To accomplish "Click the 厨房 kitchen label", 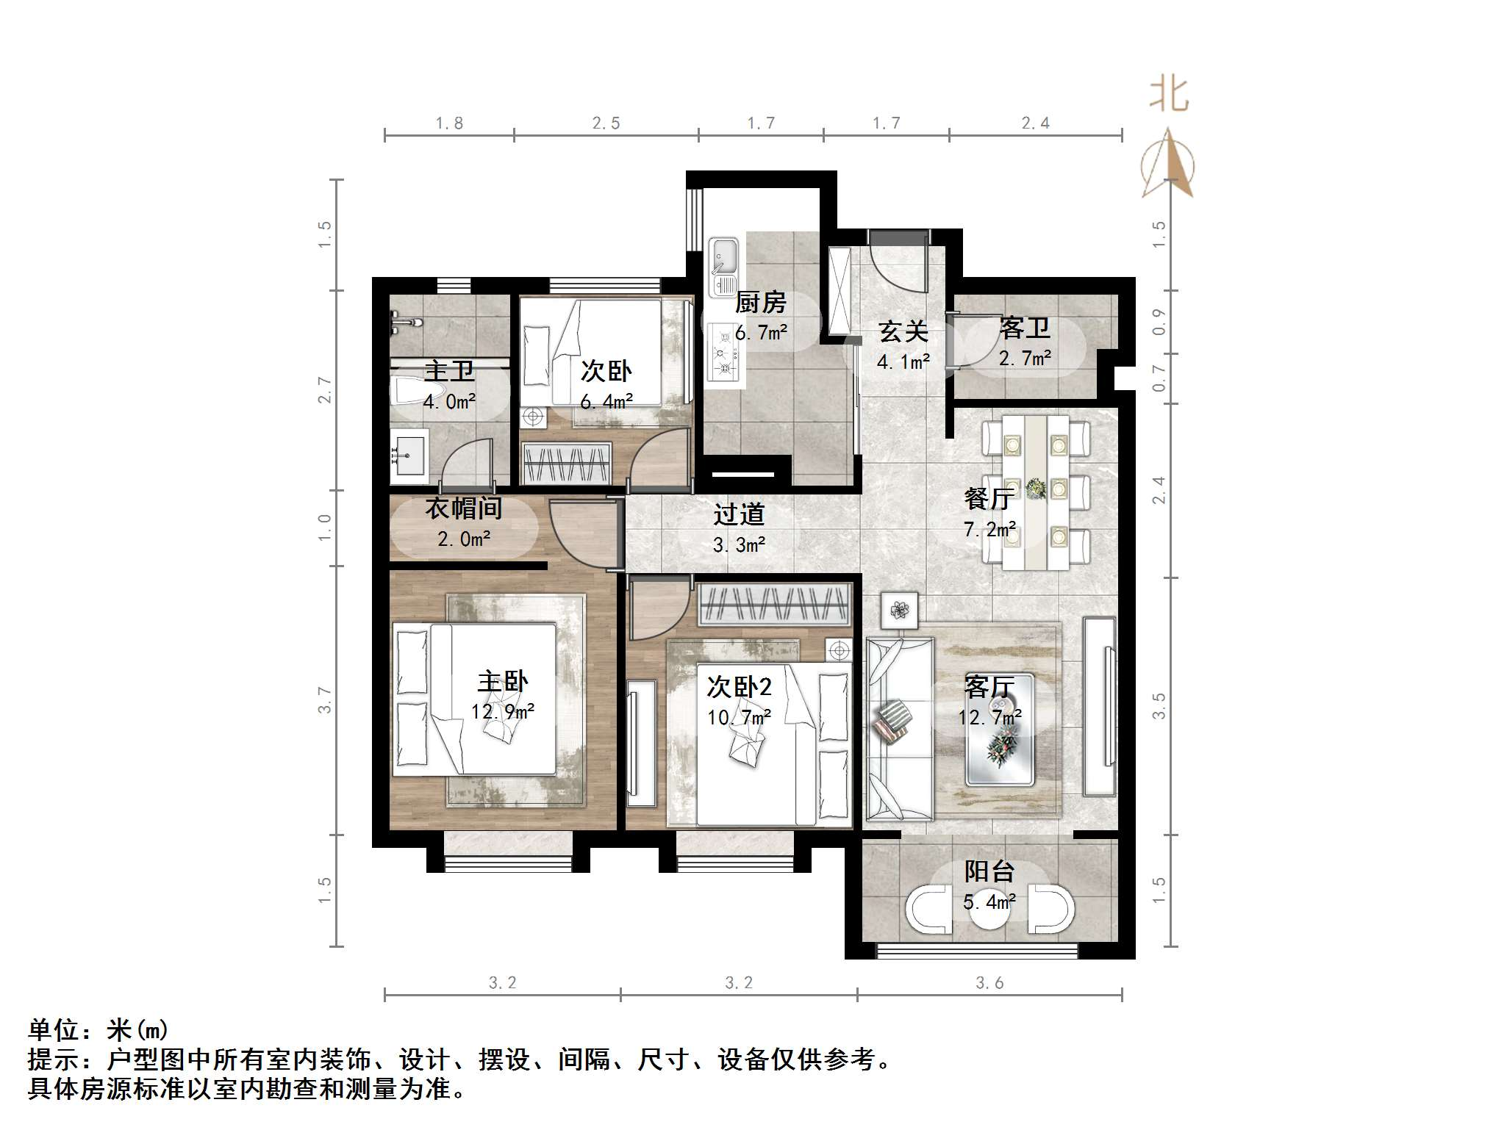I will pyautogui.click(x=761, y=302).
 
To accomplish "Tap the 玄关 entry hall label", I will pyautogui.click(x=903, y=332).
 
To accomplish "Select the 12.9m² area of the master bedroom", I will pyautogui.click(x=503, y=711).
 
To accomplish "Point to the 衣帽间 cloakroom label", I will pyautogui.click(x=464, y=508).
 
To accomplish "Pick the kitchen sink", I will pyautogui.click(x=724, y=256).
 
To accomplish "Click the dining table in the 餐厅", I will pyautogui.click(x=1036, y=492).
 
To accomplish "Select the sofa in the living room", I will pyautogui.click(x=899, y=727).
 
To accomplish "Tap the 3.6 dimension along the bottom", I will pyautogui.click(x=989, y=983).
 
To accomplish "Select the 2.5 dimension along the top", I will pyautogui.click(x=606, y=123).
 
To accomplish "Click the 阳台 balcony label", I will pyautogui.click(x=989, y=872).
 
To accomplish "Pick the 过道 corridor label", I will pyautogui.click(x=739, y=514).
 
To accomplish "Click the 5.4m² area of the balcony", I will pyautogui.click(x=989, y=902).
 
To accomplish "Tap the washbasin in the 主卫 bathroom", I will pyautogui.click(x=408, y=456).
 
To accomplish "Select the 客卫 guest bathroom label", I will pyautogui.click(x=1024, y=328).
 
